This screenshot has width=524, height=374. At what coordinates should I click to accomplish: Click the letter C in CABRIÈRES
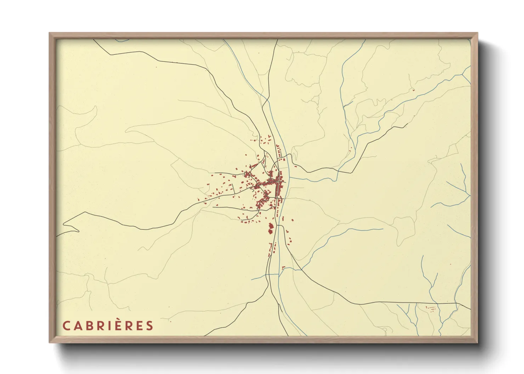[x=66, y=326]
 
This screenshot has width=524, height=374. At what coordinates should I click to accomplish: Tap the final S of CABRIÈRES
[x=149, y=326]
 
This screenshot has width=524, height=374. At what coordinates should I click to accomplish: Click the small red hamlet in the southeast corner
[x=431, y=308]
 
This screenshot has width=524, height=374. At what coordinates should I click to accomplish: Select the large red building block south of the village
[x=271, y=228]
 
